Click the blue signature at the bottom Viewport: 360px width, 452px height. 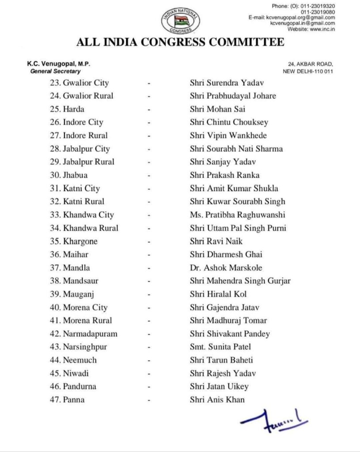[274, 422]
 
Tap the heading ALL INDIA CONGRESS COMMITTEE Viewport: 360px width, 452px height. [180, 42]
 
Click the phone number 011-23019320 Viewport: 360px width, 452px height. [318, 6]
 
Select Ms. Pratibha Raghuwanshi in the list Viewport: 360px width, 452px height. [237, 215]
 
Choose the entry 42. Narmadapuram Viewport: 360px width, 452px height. [83, 334]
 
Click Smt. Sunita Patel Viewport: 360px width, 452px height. [220, 347]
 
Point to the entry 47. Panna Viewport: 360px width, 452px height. [67, 400]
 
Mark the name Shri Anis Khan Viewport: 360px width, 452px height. [217, 400]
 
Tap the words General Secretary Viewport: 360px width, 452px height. [55, 71]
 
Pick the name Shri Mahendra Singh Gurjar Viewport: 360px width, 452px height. [240, 281]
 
